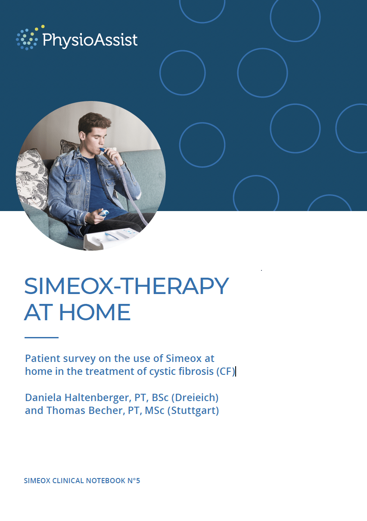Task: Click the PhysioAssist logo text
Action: point(90,40)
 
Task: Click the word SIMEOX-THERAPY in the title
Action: point(127,286)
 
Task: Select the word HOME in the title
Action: point(95,312)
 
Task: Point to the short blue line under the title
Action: point(41,337)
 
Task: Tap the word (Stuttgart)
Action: point(193,411)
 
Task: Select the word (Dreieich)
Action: point(195,398)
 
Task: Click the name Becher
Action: point(106,411)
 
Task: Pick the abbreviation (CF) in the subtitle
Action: point(226,371)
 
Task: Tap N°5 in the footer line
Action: point(134,481)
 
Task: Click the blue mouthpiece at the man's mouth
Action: point(103,149)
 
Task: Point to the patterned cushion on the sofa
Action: point(32,179)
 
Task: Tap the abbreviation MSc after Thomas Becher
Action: point(155,411)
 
